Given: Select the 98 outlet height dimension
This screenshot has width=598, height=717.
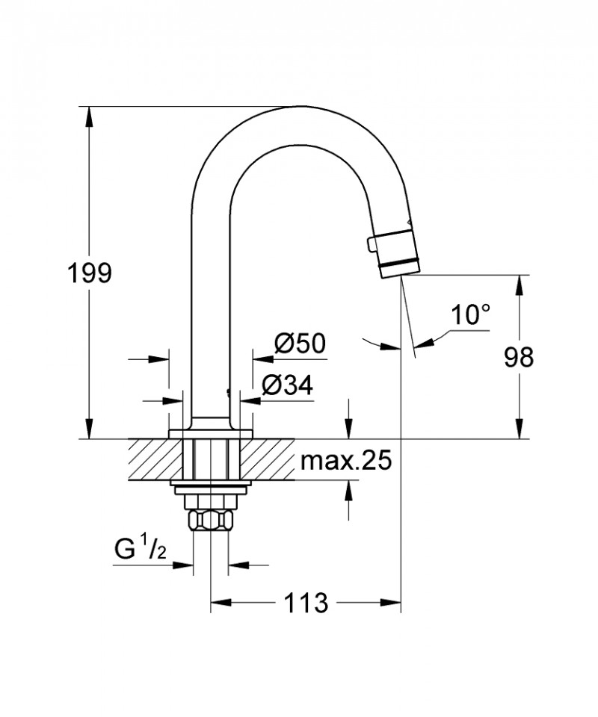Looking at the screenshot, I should click(517, 357).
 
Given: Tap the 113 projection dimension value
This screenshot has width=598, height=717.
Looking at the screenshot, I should click(306, 602).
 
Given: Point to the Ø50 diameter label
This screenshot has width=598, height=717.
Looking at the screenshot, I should click(300, 344).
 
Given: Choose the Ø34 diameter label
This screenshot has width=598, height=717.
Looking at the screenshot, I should click(287, 385).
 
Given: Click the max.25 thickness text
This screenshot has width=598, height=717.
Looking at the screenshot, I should click(345, 462).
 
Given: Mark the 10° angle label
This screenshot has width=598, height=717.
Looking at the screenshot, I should click(469, 315).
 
